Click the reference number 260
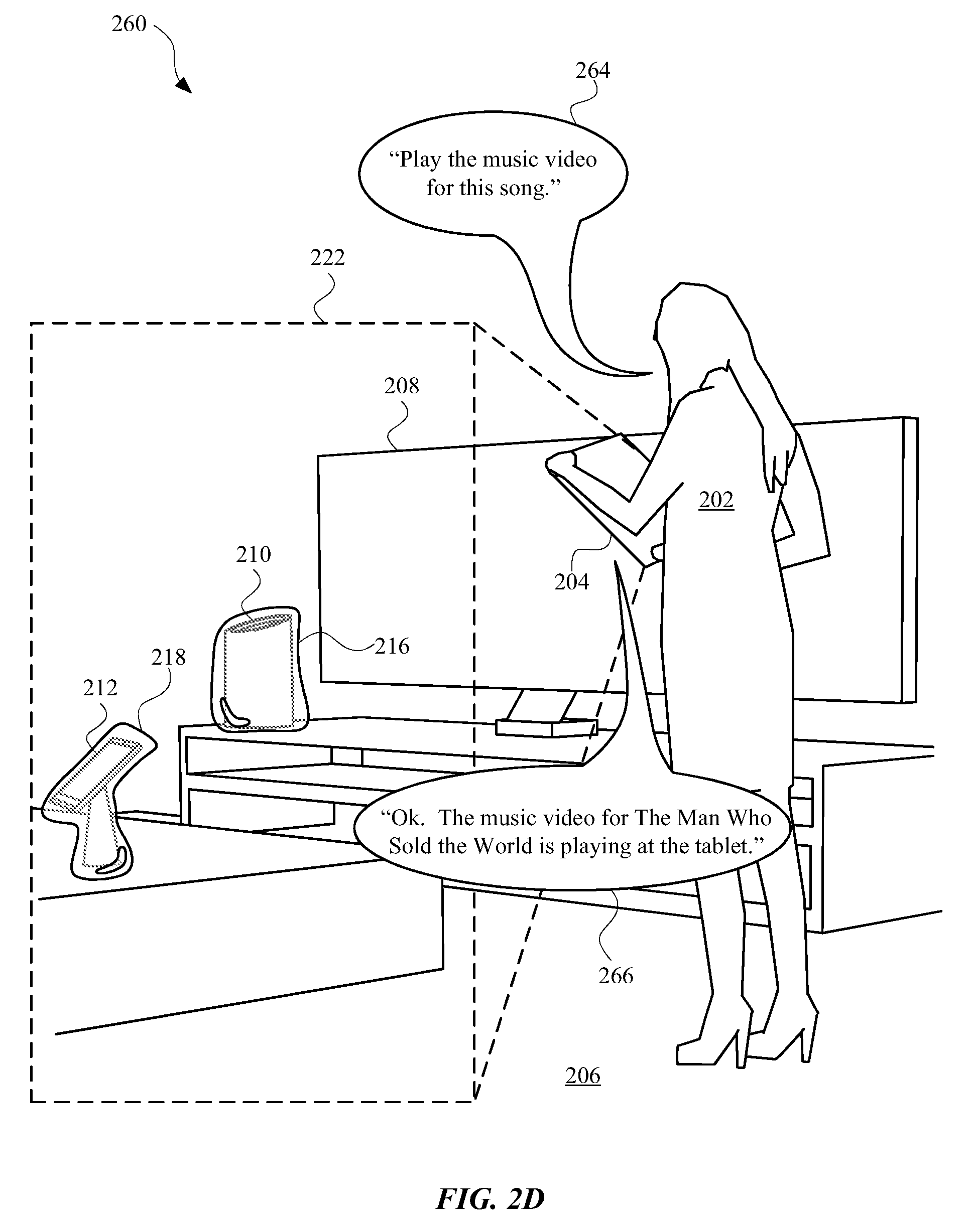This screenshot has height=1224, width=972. coord(129,24)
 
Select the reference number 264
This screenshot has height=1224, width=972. coord(592,70)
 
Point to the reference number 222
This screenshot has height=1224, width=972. coord(327,258)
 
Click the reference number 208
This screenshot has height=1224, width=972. coord(401,386)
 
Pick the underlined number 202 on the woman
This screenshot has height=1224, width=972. coord(716,500)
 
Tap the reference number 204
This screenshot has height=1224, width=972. coord(571,582)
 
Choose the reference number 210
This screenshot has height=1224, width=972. coord(254,554)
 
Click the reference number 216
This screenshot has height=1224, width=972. coord(392,646)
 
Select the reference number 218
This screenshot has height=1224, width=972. coord(168,658)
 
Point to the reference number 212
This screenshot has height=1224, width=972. coord(100,688)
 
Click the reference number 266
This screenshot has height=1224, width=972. coord(616,976)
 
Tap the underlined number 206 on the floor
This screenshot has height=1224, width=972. coord(583,1076)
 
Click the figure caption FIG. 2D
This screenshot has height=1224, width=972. coord(490,1199)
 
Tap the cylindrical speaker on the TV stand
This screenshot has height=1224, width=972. coord(260,670)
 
